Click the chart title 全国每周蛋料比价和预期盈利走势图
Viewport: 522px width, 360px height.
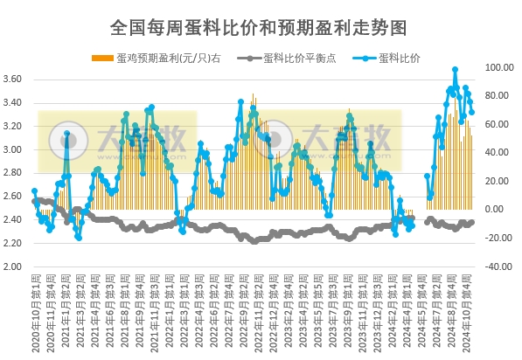click(260, 27)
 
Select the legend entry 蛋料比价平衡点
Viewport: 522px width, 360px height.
click(292, 58)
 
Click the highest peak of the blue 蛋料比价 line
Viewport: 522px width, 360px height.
click(456, 69)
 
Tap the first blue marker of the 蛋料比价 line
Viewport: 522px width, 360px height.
click(34, 190)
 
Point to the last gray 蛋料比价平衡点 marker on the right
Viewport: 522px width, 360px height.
click(472, 222)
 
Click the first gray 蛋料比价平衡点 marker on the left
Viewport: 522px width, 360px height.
click(34, 201)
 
